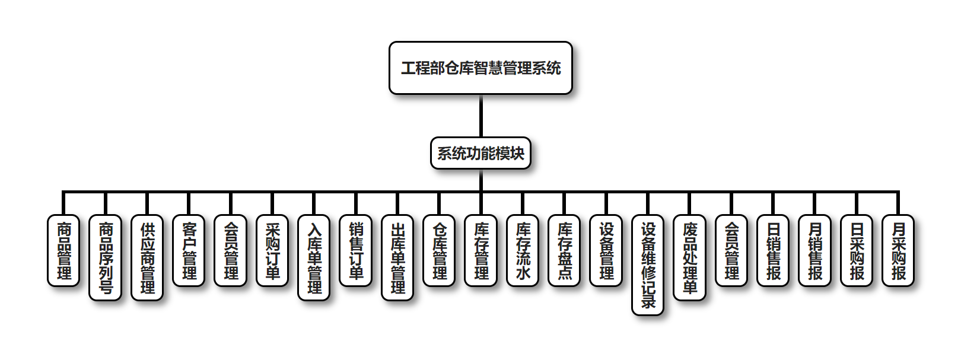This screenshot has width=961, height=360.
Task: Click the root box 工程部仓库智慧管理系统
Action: (x=480, y=68)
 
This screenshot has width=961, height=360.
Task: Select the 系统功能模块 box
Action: (x=480, y=153)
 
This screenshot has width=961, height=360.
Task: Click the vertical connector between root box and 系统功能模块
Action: (x=480, y=116)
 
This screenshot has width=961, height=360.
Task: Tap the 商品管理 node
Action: (x=63, y=250)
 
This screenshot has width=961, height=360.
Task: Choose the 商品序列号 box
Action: (x=106, y=257)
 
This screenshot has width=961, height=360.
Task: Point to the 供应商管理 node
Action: (x=147, y=257)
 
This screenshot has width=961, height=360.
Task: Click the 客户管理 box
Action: (x=189, y=250)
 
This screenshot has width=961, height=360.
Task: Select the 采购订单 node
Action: (x=272, y=250)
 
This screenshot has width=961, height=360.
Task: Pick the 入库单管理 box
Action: (x=314, y=257)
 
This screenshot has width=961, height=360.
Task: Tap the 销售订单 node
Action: (x=356, y=250)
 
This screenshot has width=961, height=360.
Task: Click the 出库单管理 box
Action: (x=397, y=257)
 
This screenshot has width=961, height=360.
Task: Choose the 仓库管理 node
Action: (x=440, y=250)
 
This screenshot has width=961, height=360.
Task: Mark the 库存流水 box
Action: (x=523, y=250)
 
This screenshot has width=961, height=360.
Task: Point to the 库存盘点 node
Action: (x=564, y=250)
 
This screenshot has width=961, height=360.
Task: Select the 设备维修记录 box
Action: (x=648, y=265)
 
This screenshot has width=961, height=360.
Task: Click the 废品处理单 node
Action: (x=689, y=257)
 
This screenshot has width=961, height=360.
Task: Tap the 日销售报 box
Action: (x=773, y=250)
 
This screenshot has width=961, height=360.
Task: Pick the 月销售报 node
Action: (x=815, y=250)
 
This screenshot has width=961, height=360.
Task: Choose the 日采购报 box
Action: (x=857, y=250)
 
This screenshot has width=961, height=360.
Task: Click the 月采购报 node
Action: (x=898, y=250)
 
